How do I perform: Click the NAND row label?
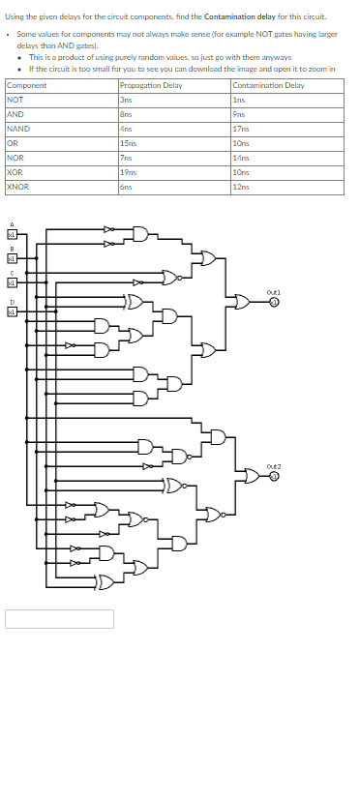pyautogui.click(x=17, y=129)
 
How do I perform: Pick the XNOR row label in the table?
pyautogui.click(x=17, y=187)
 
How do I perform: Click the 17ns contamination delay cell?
pyautogui.click(x=240, y=129)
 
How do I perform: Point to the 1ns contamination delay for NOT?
pyautogui.click(x=238, y=100)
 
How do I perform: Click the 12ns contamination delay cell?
pyautogui.click(x=240, y=187)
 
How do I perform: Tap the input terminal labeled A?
pyautogui.click(x=13, y=234)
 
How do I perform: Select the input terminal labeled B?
pyautogui.click(x=13, y=258)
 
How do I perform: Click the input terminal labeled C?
pyautogui.click(x=13, y=282)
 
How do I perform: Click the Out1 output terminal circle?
pyautogui.click(x=274, y=302)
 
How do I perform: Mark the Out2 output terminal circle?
pyautogui.click(x=274, y=476)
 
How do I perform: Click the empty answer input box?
pyautogui.click(x=59, y=618)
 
